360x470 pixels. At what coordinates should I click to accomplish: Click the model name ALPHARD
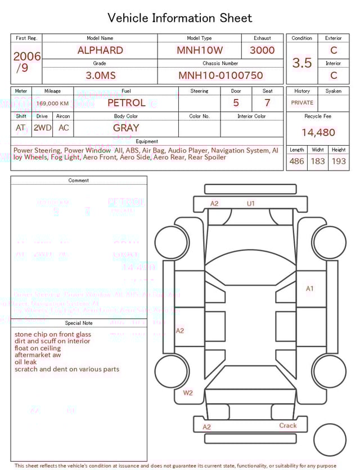pos(100,50)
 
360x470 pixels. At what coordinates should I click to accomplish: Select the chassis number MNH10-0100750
pos(220,75)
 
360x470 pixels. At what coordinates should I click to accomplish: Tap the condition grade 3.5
pos(302,62)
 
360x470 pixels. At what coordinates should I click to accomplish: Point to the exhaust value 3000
pos(262,50)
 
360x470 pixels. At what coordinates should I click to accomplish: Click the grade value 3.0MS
pos(100,75)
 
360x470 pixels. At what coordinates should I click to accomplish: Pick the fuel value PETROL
pos(126,103)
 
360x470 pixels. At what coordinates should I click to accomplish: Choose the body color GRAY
pos(126,128)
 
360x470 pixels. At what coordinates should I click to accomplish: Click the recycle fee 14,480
pos(318,133)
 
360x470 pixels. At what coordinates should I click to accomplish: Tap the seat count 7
pos(267,103)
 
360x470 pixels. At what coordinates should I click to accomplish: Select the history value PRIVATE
pos(302,103)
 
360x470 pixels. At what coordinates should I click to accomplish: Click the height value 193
pos(339,162)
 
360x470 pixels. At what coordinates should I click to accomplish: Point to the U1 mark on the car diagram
pos(251,204)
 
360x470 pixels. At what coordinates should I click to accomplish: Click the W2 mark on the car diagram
pos(187,393)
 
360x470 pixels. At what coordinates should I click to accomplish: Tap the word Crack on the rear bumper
pos(288,426)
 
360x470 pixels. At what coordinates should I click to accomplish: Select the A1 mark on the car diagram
pos(309,289)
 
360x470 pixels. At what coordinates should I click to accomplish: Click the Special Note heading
pos(79,323)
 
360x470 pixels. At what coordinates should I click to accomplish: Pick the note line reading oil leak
pos(26,362)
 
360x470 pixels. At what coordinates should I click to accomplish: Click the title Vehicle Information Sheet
pos(180,18)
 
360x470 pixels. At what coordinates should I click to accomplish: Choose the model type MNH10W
pos(199,50)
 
